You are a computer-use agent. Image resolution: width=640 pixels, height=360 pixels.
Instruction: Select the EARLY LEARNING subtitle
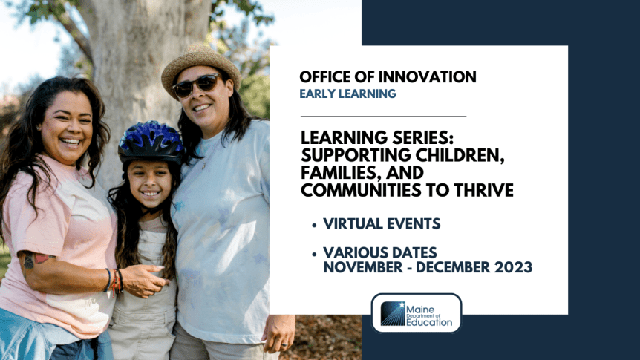[347, 94]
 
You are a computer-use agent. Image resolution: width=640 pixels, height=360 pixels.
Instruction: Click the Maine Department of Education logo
[417, 312]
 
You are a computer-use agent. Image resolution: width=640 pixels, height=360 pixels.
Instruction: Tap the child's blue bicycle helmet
[151, 140]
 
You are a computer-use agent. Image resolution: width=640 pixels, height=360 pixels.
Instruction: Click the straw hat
[200, 62]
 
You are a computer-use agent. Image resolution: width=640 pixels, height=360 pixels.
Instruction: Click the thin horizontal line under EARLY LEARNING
[383, 117]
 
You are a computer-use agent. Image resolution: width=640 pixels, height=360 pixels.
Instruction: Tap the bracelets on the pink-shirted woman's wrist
[114, 281]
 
